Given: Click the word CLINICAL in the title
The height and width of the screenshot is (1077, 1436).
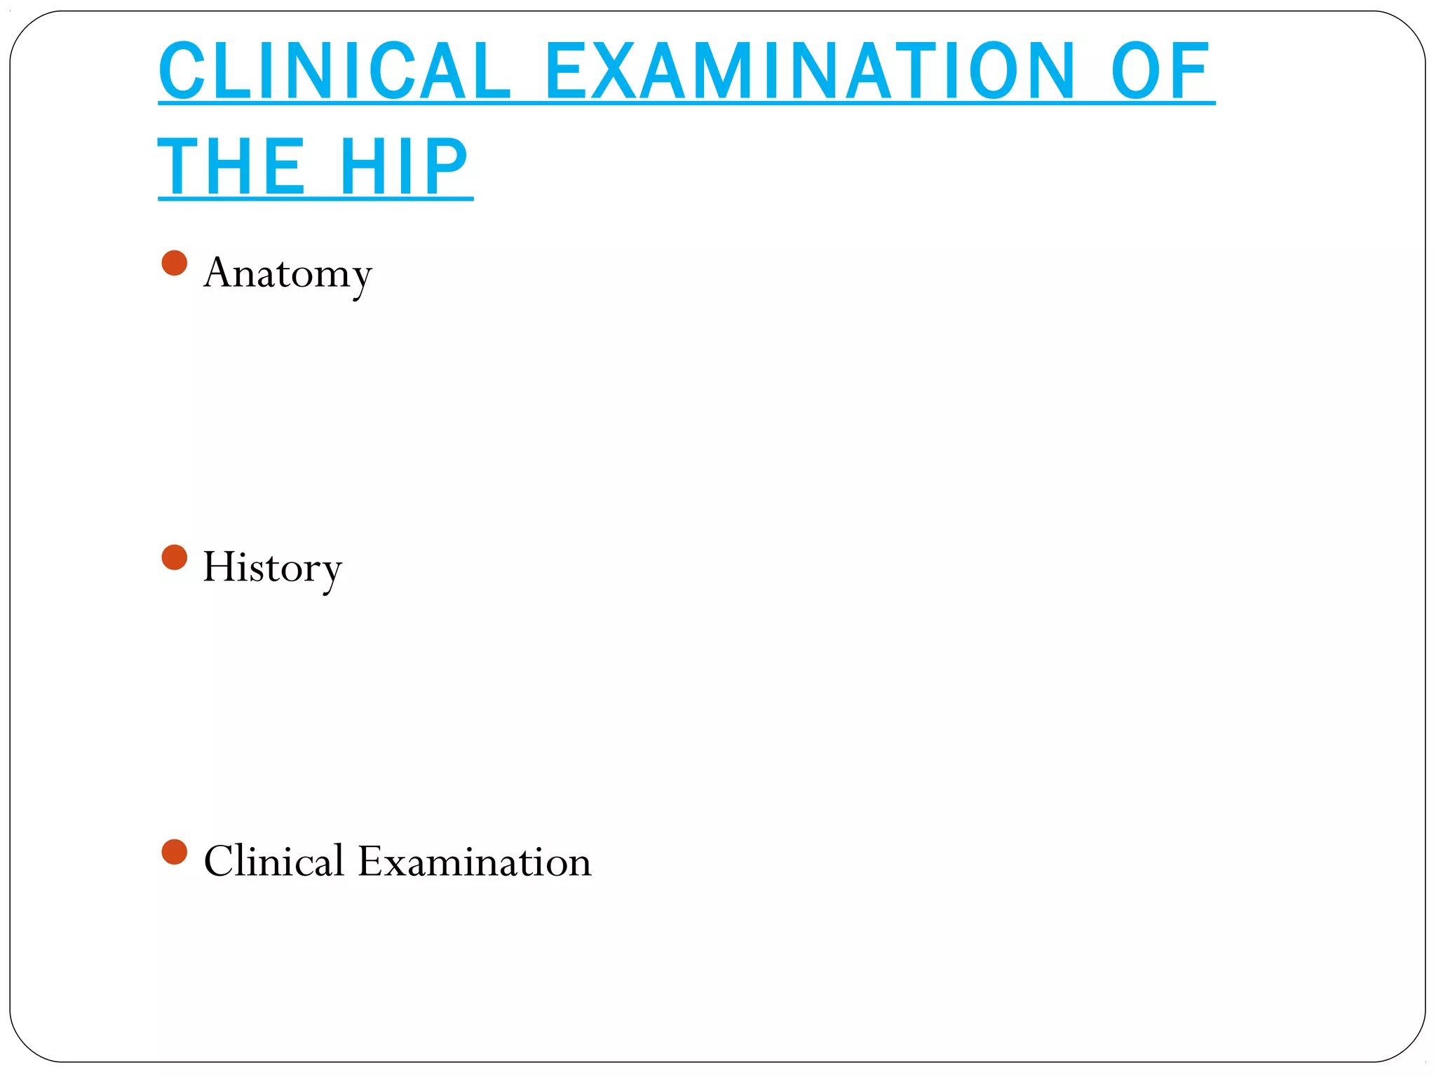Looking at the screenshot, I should tap(335, 71).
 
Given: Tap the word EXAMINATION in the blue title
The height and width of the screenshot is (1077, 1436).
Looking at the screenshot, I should tap(809, 71).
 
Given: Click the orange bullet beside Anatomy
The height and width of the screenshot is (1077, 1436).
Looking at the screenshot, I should tap(174, 264).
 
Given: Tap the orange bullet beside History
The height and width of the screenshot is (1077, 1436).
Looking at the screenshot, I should tap(174, 558).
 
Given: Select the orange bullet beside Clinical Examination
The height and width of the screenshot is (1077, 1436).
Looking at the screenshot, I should tap(174, 853).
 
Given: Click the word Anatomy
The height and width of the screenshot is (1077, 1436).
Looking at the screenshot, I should tap(287, 273).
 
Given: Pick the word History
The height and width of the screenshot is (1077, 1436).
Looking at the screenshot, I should tap(272, 568).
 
